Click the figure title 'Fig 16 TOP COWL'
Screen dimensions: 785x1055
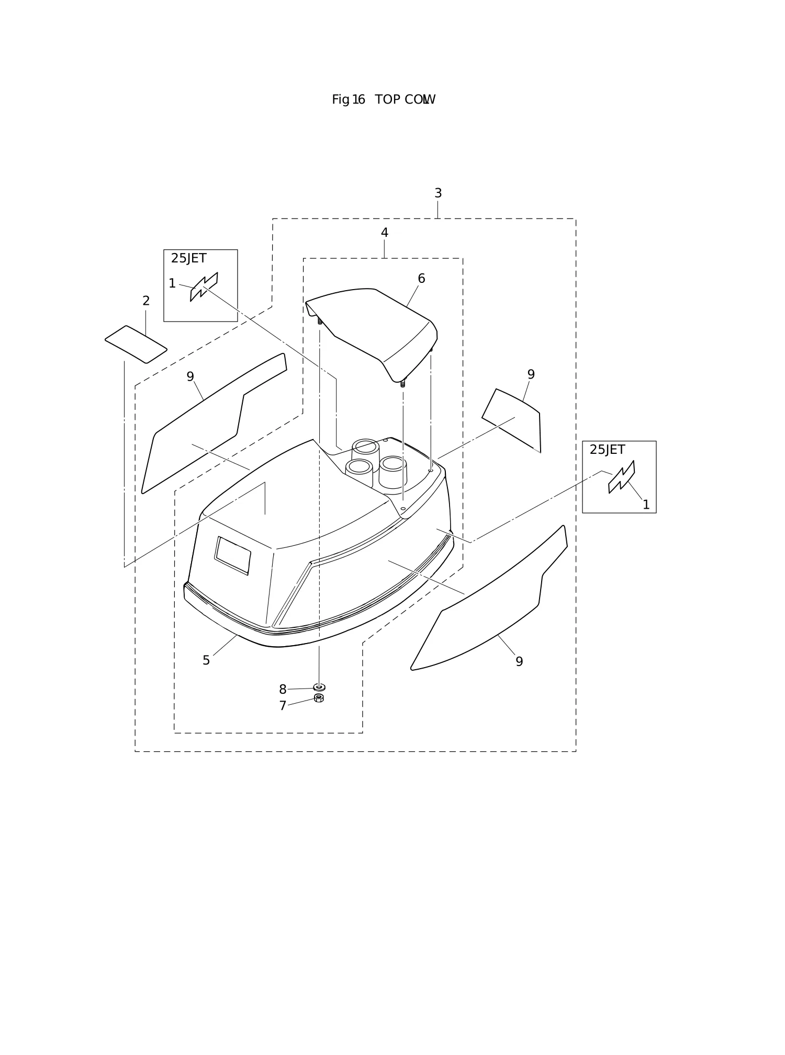point(384,99)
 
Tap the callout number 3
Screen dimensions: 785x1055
point(438,193)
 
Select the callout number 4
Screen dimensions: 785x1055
point(385,233)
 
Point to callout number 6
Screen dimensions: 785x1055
point(421,279)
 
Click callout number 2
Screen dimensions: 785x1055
point(146,301)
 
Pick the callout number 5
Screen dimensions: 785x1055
point(206,660)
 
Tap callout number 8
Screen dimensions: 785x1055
point(283,690)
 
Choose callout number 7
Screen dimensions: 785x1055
point(283,706)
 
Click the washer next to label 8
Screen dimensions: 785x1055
point(319,687)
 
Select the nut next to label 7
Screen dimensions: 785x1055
point(319,698)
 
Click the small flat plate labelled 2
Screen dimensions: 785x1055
point(136,345)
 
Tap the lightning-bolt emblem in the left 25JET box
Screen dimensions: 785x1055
point(204,287)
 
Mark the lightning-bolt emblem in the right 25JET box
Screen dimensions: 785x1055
point(622,477)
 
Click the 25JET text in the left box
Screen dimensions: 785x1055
point(188,258)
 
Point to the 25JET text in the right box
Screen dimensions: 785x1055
point(607,450)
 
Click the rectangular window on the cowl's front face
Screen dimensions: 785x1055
point(232,556)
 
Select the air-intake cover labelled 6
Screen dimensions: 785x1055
point(372,335)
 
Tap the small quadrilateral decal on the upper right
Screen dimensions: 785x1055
point(512,421)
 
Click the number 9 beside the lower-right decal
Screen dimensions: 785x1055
point(519,662)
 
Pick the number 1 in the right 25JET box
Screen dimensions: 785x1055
point(646,505)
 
